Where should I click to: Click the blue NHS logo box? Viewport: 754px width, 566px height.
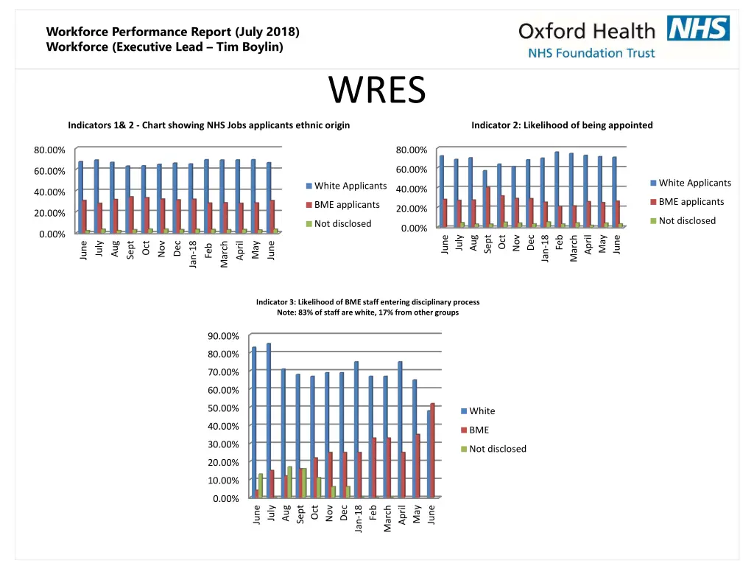(x=698, y=29)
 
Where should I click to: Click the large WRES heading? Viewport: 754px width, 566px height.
(x=377, y=91)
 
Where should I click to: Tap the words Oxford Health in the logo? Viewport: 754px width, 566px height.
(x=586, y=31)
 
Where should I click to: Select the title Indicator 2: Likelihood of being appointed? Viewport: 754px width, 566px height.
(x=562, y=125)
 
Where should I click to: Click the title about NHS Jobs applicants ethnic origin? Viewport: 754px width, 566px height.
(x=208, y=125)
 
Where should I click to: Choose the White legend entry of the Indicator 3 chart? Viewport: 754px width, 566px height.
(x=482, y=411)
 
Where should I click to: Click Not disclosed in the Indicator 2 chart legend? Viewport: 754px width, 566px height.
(x=686, y=220)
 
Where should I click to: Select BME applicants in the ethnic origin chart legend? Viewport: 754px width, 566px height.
(x=346, y=205)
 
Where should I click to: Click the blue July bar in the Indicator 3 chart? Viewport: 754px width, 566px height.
(x=269, y=420)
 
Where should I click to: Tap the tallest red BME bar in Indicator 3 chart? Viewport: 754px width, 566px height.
(x=433, y=450)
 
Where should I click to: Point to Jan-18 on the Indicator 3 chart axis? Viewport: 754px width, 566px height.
(x=359, y=517)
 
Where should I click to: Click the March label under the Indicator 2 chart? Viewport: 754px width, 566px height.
(x=574, y=249)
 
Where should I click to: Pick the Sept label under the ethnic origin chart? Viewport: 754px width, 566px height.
(x=130, y=250)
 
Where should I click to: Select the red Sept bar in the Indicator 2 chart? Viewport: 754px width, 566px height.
(x=487, y=206)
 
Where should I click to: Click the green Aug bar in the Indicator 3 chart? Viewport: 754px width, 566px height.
(x=289, y=482)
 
